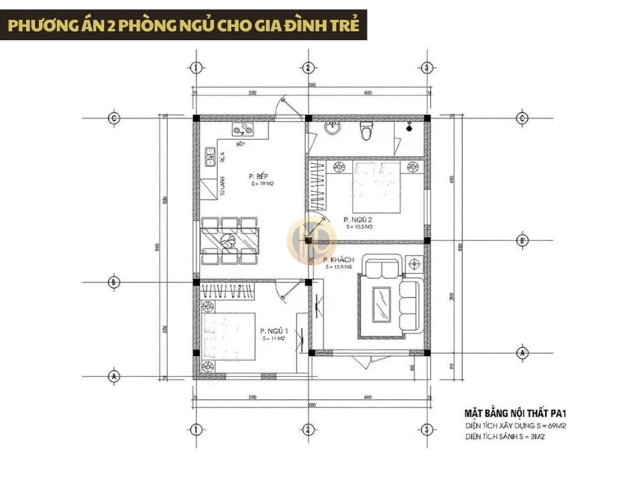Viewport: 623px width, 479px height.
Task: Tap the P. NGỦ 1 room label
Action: (274, 331)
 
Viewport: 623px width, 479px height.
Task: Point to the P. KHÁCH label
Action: (339, 260)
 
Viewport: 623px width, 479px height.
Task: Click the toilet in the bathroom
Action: (366, 131)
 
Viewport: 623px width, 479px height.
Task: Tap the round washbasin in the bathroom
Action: (332, 130)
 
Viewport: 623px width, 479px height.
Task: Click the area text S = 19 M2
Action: (262, 184)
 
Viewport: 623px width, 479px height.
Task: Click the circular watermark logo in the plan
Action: (311, 240)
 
